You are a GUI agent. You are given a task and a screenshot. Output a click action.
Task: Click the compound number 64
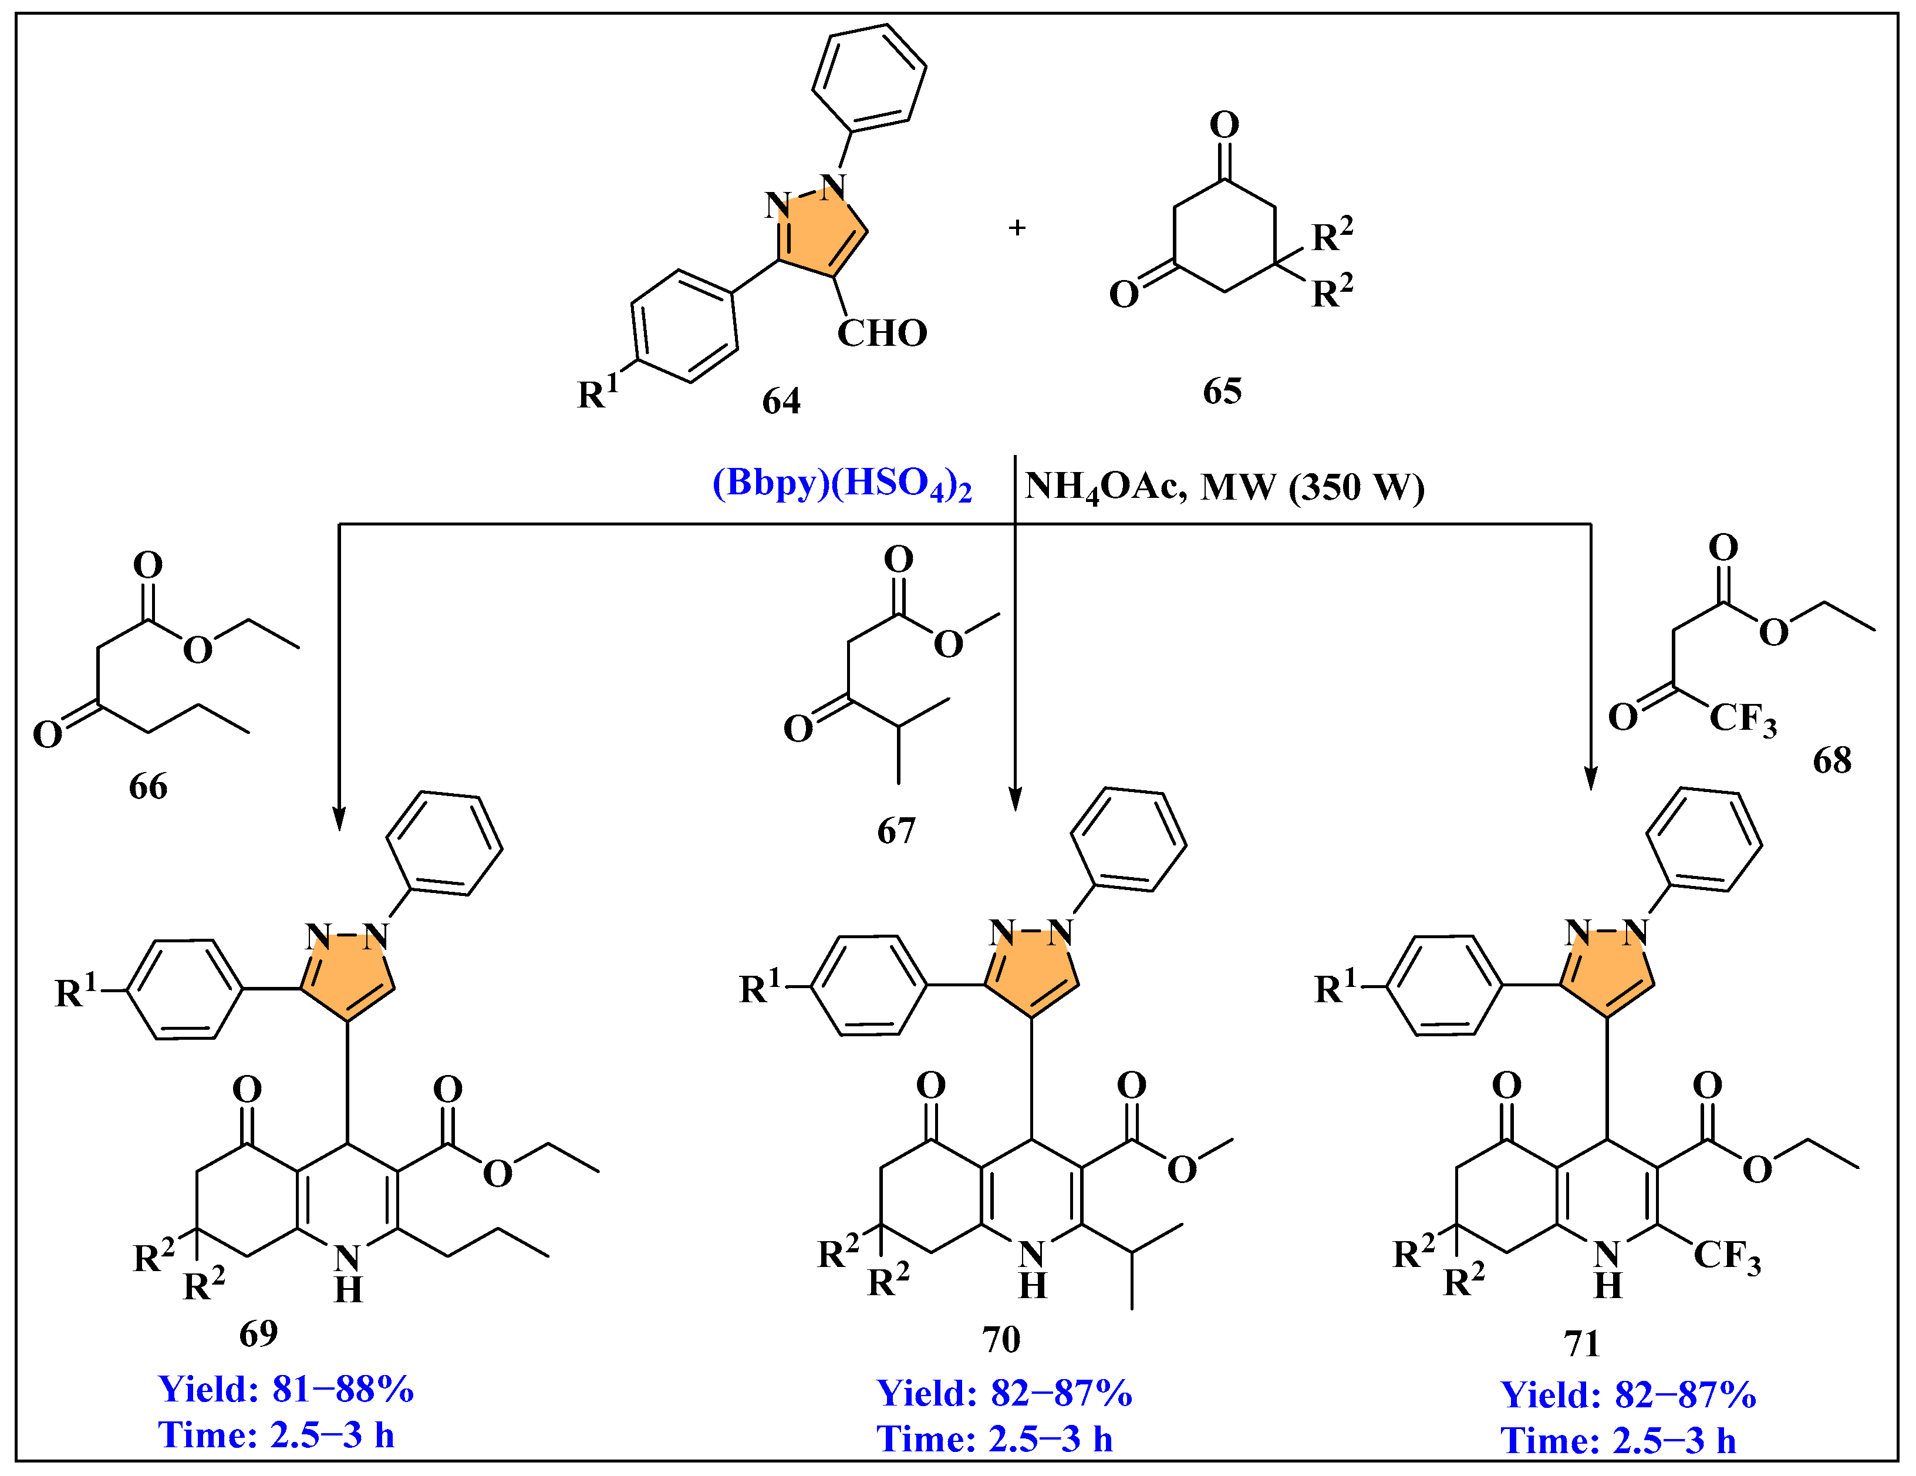pyautogui.click(x=781, y=401)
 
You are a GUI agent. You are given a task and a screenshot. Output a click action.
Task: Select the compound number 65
pyautogui.click(x=1222, y=390)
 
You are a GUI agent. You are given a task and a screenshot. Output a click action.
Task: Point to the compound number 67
pyautogui.click(x=896, y=830)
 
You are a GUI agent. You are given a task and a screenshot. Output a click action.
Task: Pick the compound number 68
pyautogui.click(x=1832, y=760)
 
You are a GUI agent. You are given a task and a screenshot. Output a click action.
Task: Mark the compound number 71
pyautogui.click(x=1582, y=1343)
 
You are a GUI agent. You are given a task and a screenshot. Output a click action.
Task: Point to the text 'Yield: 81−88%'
pyautogui.click(x=285, y=1389)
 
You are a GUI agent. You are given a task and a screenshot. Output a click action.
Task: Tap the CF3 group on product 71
pyautogui.click(x=1726, y=1256)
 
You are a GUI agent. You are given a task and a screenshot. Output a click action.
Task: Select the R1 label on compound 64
pyautogui.click(x=598, y=392)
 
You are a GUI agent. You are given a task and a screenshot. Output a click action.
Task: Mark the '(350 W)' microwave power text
pyautogui.click(x=1357, y=487)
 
